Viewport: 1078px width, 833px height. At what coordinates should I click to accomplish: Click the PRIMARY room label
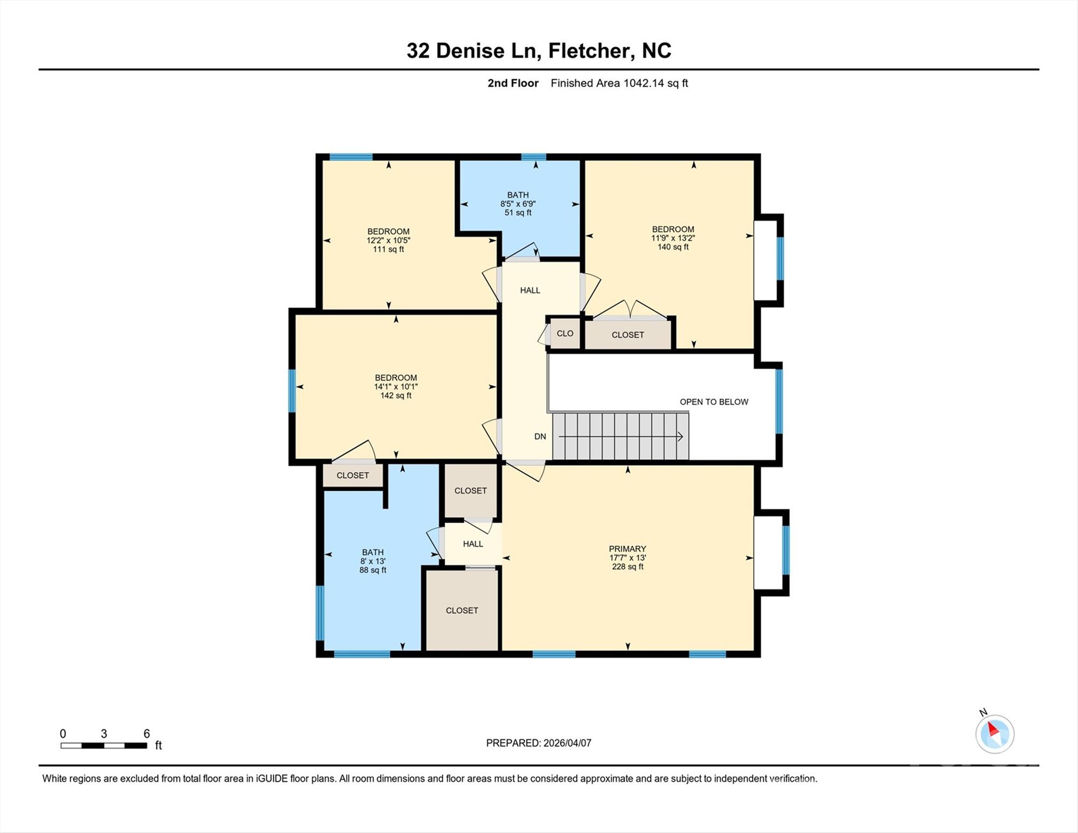click(627, 549)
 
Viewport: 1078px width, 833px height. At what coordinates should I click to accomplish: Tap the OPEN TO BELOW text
click(714, 402)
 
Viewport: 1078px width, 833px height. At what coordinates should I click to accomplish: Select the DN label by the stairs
click(540, 437)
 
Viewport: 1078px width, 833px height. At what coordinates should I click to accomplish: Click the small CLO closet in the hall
click(564, 334)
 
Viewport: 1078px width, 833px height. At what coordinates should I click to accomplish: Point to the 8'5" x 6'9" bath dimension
click(518, 204)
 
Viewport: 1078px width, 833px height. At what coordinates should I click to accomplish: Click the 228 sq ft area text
click(627, 567)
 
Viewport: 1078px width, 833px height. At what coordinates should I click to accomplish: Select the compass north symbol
click(994, 734)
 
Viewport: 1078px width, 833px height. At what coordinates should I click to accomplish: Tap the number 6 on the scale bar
click(146, 734)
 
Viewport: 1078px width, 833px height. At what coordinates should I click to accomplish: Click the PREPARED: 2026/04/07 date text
click(538, 743)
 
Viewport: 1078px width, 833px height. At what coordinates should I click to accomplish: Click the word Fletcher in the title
click(591, 50)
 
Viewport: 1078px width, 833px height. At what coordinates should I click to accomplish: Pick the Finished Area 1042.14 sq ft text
click(619, 83)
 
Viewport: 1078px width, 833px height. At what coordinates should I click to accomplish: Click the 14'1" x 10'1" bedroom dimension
click(396, 387)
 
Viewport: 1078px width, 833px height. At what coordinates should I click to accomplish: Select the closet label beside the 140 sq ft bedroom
click(627, 335)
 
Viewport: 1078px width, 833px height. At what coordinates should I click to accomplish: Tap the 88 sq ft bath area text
click(373, 571)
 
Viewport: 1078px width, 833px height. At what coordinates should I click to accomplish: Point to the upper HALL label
click(530, 290)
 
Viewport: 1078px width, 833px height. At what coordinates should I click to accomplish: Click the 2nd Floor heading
click(512, 83)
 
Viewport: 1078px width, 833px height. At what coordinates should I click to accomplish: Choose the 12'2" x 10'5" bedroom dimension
click(388, 240)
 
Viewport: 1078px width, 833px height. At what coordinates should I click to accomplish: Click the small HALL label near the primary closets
click(473, 544)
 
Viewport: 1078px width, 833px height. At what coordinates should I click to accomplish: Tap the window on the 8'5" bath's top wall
click(534, 157)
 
